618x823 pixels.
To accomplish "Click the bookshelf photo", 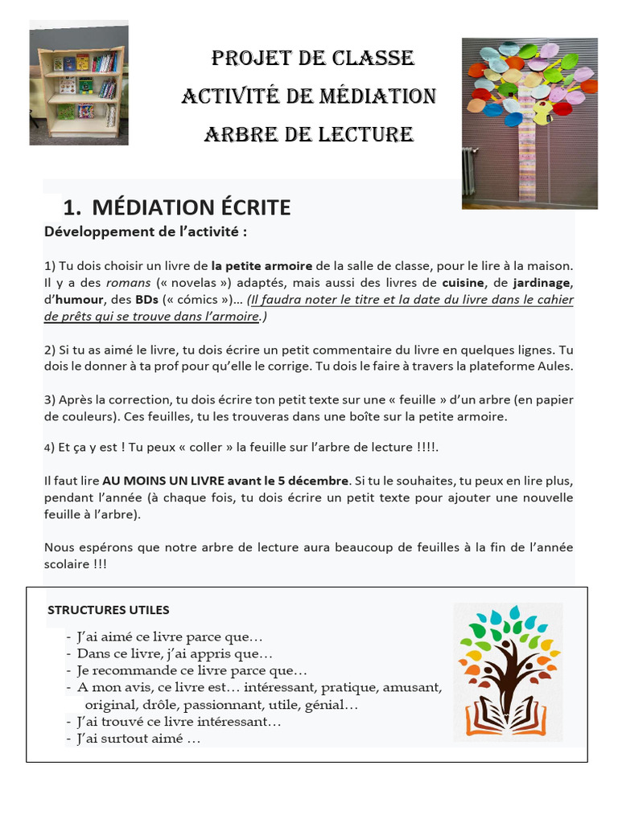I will (78, 84).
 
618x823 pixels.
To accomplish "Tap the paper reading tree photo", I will (529, 123).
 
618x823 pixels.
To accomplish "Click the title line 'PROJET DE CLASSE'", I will (312, 59).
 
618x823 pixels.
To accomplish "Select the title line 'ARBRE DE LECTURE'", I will (309, 134).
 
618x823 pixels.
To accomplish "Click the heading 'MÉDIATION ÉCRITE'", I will (192, 207).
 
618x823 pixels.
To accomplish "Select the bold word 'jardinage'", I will (542, 283).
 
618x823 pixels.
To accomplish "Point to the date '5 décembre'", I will (316, 481).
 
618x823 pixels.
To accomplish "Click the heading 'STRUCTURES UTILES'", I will (109, 610).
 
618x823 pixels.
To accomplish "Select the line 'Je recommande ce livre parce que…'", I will (192, 670).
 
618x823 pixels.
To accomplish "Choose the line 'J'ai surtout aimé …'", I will (138, 739).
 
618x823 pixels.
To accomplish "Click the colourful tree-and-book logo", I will (509, 671).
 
